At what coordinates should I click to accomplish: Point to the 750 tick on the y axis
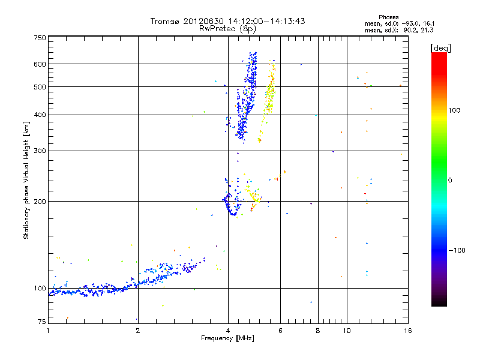[40, 38]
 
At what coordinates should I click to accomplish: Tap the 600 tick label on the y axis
[40, 64]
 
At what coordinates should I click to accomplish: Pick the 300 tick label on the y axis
[40, 151]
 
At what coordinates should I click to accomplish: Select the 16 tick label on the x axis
[407, 331]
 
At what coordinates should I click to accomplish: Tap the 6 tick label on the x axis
[281, 331]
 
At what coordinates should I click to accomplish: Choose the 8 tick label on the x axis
[318, 331]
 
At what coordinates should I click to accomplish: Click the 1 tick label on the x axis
[48, 331]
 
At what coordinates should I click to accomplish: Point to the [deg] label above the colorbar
[441, 47]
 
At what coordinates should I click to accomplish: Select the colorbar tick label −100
[457, 250]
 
